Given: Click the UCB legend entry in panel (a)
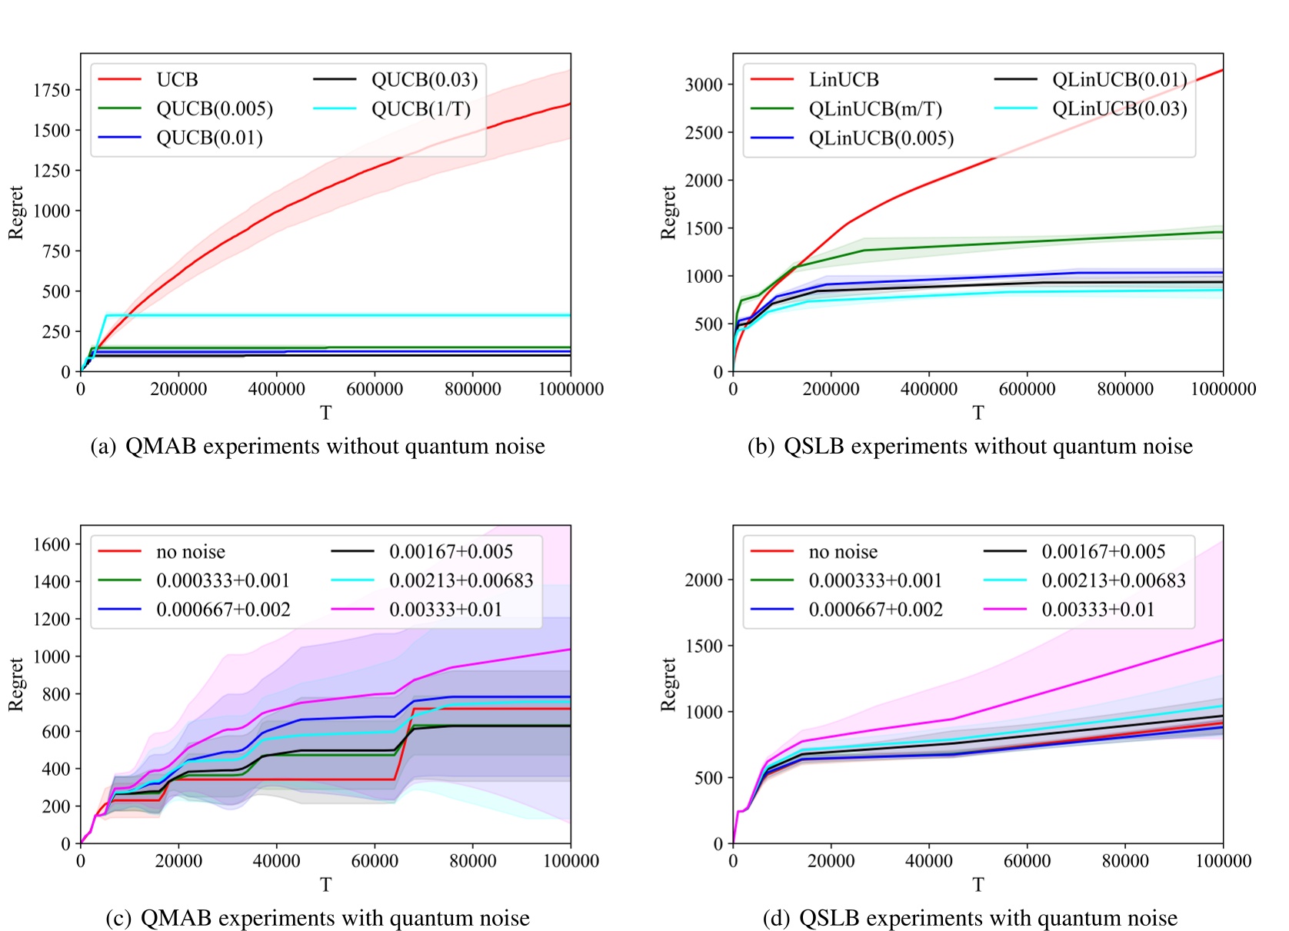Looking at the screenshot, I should pos(177,80).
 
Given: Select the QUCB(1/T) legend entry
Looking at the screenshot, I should pos(421,109).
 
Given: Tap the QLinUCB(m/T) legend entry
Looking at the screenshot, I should pos(875,109).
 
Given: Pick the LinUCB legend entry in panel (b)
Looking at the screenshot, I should pos(844,80).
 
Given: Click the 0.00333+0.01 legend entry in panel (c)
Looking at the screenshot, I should pos(445,610).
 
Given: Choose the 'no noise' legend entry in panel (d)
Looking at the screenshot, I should pos(843,552).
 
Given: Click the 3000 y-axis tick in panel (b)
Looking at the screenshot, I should pos(704,85).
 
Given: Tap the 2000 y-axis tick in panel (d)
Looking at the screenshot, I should pos(704,580).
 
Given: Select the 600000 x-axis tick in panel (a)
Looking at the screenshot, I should pos(375,390).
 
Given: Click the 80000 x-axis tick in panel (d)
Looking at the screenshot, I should pos(1125,861).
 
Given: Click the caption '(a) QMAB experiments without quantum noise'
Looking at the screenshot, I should pos(318,447).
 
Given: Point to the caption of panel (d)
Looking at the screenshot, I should pos(970,918).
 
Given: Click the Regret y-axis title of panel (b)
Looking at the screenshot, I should pos(668,212).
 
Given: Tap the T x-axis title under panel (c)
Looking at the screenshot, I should pos(325,885).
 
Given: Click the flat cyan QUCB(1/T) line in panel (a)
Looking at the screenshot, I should pos(346,315).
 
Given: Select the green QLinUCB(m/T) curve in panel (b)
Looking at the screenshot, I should pos(1077,238).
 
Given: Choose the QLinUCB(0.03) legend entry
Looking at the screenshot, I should pos(1119,109).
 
